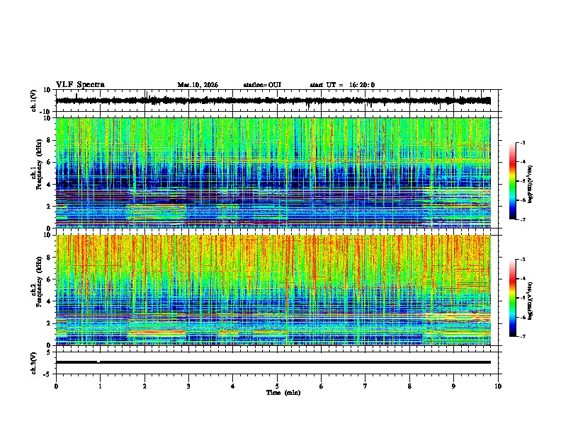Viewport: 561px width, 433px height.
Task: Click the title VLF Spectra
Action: pos(80,85)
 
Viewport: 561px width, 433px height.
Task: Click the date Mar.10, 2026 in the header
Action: pos(198,85)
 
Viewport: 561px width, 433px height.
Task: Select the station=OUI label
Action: pos(262,85)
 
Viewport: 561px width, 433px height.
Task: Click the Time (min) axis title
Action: pos(283,392)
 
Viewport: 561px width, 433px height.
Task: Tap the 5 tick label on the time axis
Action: pos(277,386)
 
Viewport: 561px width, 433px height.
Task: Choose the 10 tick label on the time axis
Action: pos(498,386)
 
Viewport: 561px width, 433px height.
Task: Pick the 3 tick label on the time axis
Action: pos(188,386)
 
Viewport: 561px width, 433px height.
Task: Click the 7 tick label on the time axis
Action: pos(365,386)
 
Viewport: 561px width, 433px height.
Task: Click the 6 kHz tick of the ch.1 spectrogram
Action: pos(49,162)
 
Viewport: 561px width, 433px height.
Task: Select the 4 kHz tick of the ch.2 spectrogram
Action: pos(49,301)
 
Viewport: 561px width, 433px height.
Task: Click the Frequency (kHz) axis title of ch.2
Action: pos(37,291)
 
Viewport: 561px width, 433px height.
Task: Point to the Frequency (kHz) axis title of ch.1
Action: pos(37,174)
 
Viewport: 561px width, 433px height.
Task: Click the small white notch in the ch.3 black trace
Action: pos(98,361)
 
